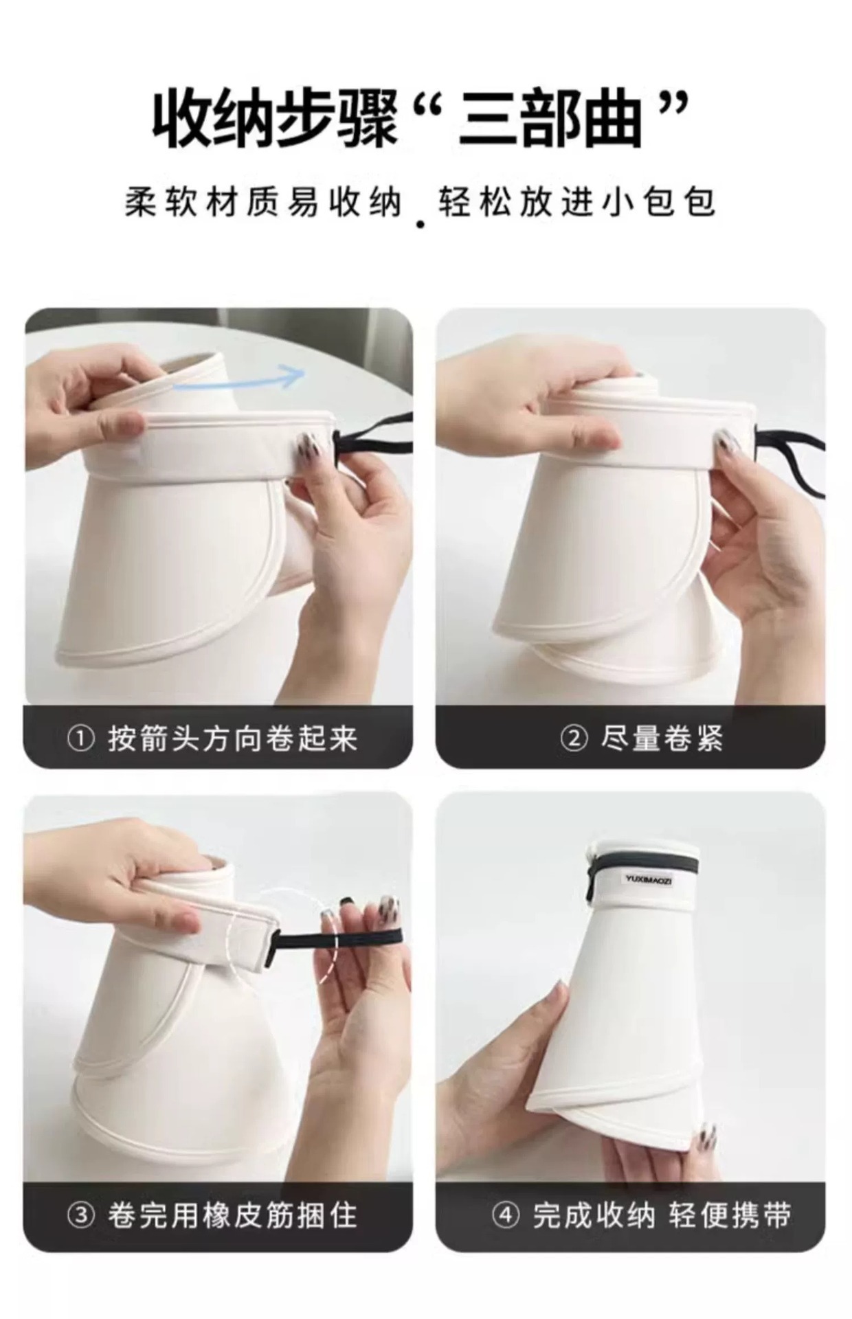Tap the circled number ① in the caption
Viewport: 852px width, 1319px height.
click(81, 740)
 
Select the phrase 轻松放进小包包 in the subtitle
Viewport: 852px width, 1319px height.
click(577, 203)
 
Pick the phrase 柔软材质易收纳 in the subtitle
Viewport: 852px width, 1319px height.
click(263, 203)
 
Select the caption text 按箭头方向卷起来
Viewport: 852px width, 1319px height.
click(232, 740)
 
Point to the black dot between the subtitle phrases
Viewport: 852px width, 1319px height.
click(421, 223)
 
